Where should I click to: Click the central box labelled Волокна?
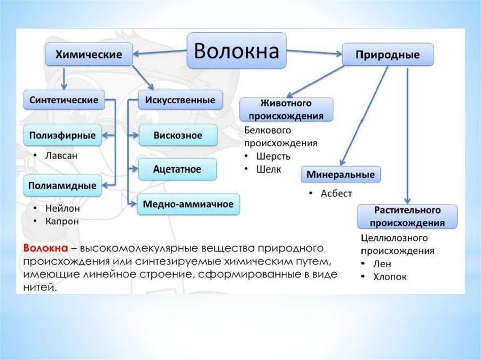pyautogui.click(x=237, y=51)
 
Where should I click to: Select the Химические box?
pyautogui.click(x=89, y=54)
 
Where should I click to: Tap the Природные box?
pyautogui.click(x=388, y=55)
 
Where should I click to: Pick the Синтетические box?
pyautogui.click(x=63, y=100)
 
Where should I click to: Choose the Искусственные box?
pyautogui.click(x=180, y=100)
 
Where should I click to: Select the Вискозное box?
pyautogui.click(x=178, y=135)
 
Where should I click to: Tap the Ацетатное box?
pyautogui.click(x=177, y=169)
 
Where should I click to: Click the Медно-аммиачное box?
pyautogui.click(x=188, y=204)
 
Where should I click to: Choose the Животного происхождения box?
pyautogui.click(x=286, y=109)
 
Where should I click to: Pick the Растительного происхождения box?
pyautogui.click(x=407, y=215)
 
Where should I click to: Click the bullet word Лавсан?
pyautogui.click(x=61, y=155)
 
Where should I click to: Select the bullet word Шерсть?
pyautogui.click(x=273, y=156)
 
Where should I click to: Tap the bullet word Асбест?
pyautogui.click(x=336, y=193)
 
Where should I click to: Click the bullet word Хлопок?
pyautogui.click(x=390, y=277)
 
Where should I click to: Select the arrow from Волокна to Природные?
pyautogui.click(x=315, y=52)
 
